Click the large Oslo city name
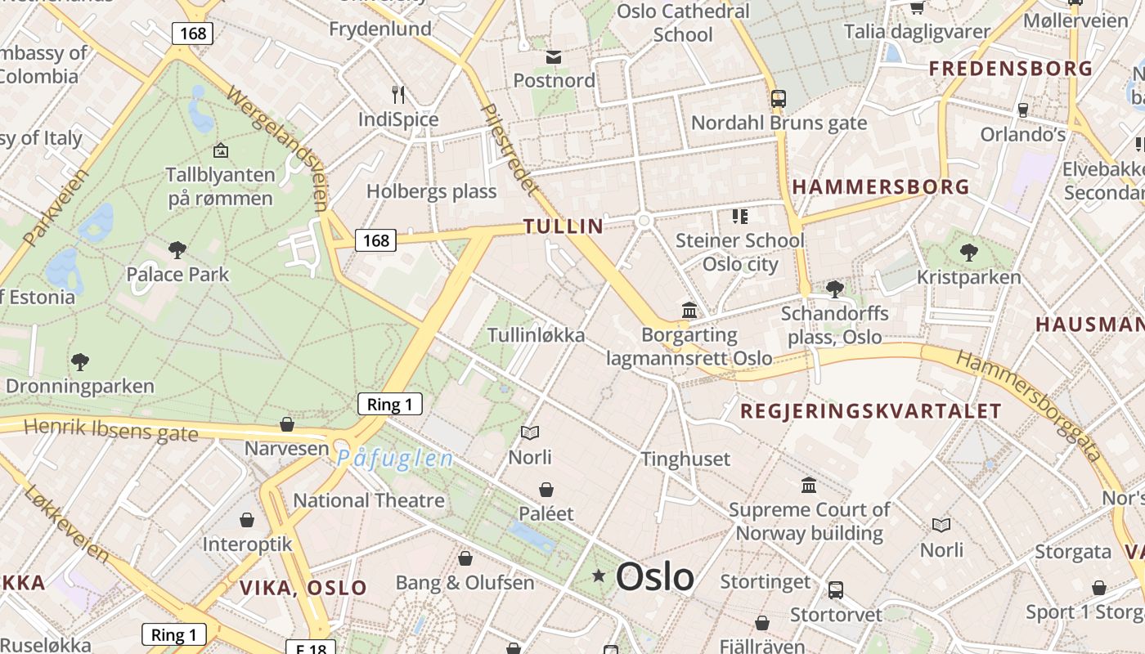(655, 576)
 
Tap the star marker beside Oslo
(599, 576)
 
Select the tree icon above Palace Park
(177, 250)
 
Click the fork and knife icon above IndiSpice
(398, 94)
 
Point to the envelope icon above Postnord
(554, 56)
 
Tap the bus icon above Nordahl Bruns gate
(778, 99)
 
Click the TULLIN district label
(563, 226)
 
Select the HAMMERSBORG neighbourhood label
(880, 187)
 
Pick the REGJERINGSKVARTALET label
(870, 411)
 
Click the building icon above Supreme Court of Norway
(809, 486)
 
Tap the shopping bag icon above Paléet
(546, 490)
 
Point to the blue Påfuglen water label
(394, 459)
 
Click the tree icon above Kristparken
(968, 252)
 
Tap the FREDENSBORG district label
(1011, 69)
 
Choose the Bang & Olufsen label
(465, 583)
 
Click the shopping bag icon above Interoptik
(246, 520)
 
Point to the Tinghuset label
(685, 459)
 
